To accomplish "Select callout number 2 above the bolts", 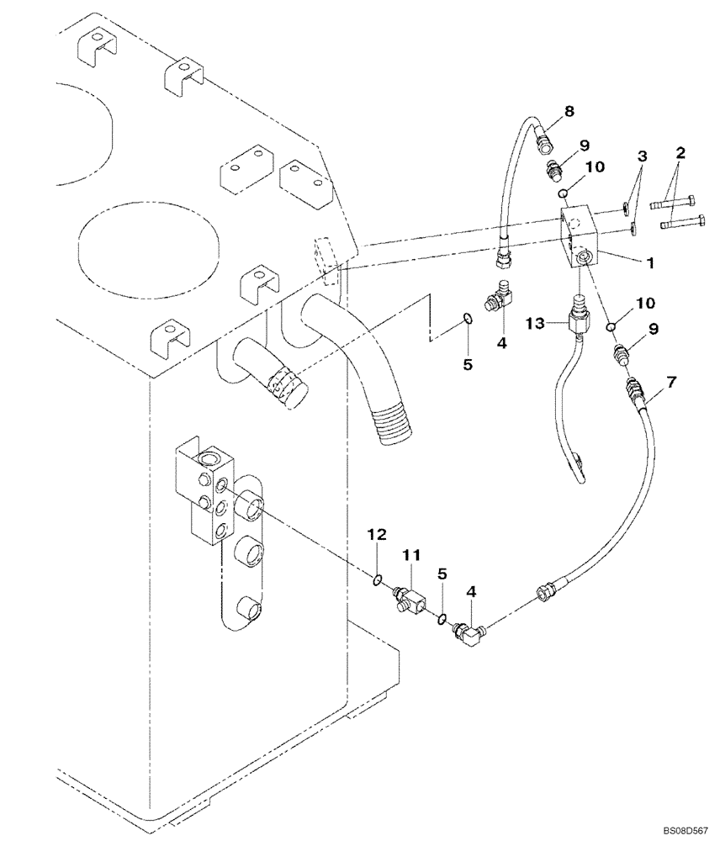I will pyautogui.click(x=680, y=153).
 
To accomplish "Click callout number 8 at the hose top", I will pyautogui.click(x=545, y=110).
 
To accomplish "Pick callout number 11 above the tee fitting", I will pyautogui.click(x=410, y=557).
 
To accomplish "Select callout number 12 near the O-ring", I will pyautogui.click(x=379, y=534).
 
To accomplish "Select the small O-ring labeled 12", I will pyautogui.click(x=379, y=579).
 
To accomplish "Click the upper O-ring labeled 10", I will pyautogui.click(x=569, y=193).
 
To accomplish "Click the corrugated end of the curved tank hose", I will pyautogui.click(x=393, y=425).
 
